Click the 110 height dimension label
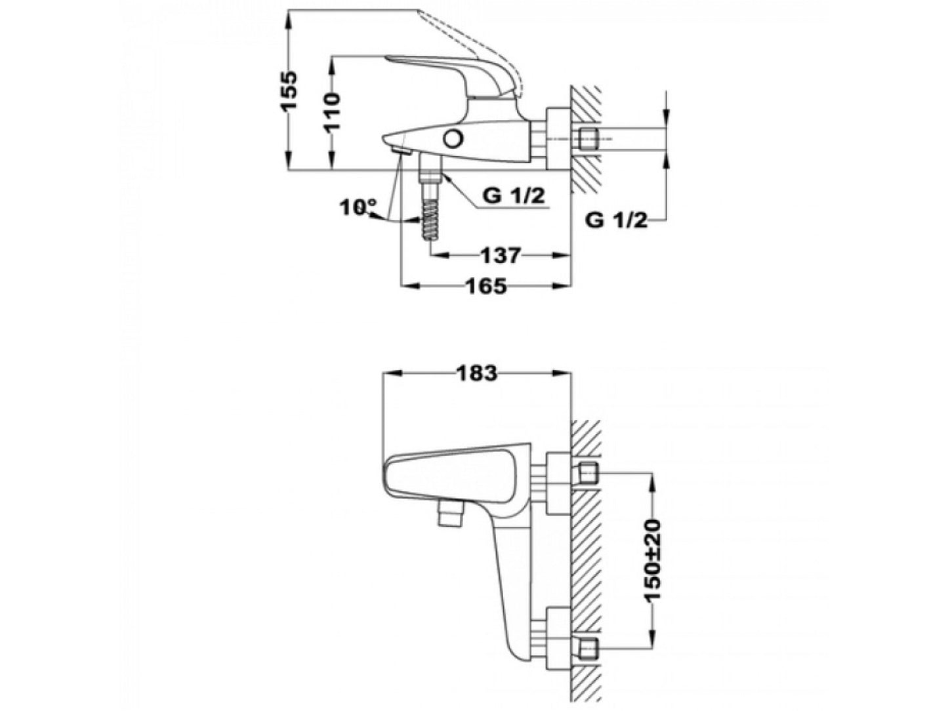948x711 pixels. [333, 112]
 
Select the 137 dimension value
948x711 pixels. [501, 256]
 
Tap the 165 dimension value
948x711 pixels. [486, 286]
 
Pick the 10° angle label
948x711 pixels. [358, 207]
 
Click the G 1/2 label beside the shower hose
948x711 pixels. [514, 196]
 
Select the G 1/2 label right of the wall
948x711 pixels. [616, 221]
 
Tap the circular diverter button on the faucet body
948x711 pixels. [453, 139]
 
